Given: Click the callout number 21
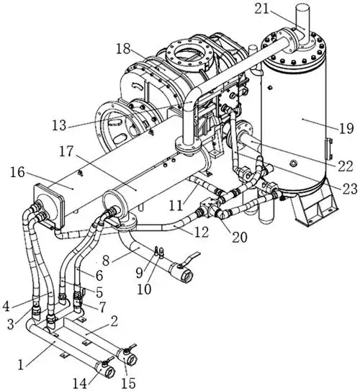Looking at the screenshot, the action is pyautogui.click(x=262, y=9).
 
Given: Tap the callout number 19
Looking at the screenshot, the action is pyautogui.click(x=346, y=128).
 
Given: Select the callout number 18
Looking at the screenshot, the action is pyautogui.click(x=123, y=49).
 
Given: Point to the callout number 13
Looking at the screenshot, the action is pyautogui.click(x=59, y=125).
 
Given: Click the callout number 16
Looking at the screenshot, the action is pyautogui.click(x=17, y=172).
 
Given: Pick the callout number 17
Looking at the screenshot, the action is pyautogui.click(x=66, y=151).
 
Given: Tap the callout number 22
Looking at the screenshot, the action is pyautogui.click(x=346, y=166).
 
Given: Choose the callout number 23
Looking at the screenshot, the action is pyautogui.click(x=350, y=189).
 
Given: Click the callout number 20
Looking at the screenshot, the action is pyautogui.click(x=240, y=237).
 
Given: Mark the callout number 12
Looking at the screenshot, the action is pyautogui.click(x=202, y=232).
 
